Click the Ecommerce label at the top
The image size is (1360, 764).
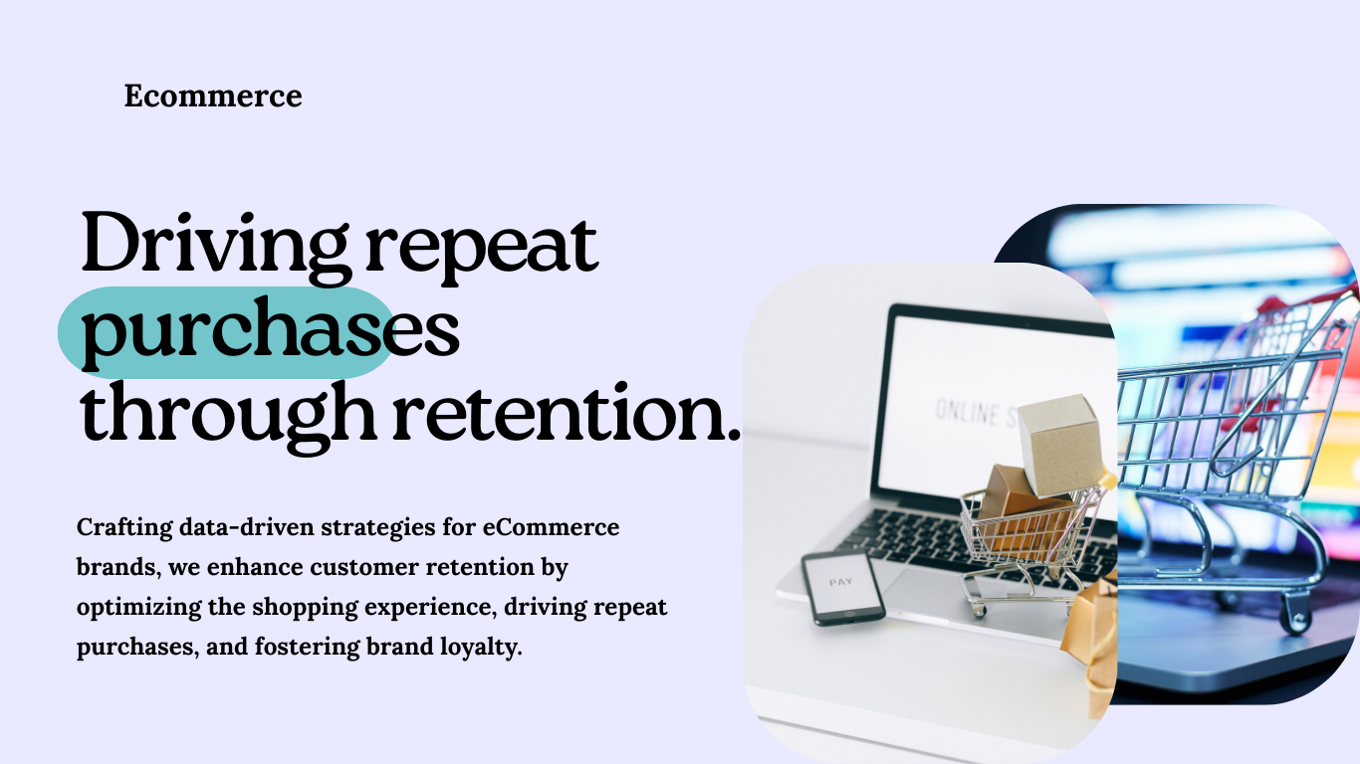[213, 96]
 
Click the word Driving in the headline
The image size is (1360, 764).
[214, 245]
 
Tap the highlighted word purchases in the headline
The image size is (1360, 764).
[269, 333]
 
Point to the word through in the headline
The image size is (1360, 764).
[228, 416]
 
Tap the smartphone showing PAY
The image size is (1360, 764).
[842, 587]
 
